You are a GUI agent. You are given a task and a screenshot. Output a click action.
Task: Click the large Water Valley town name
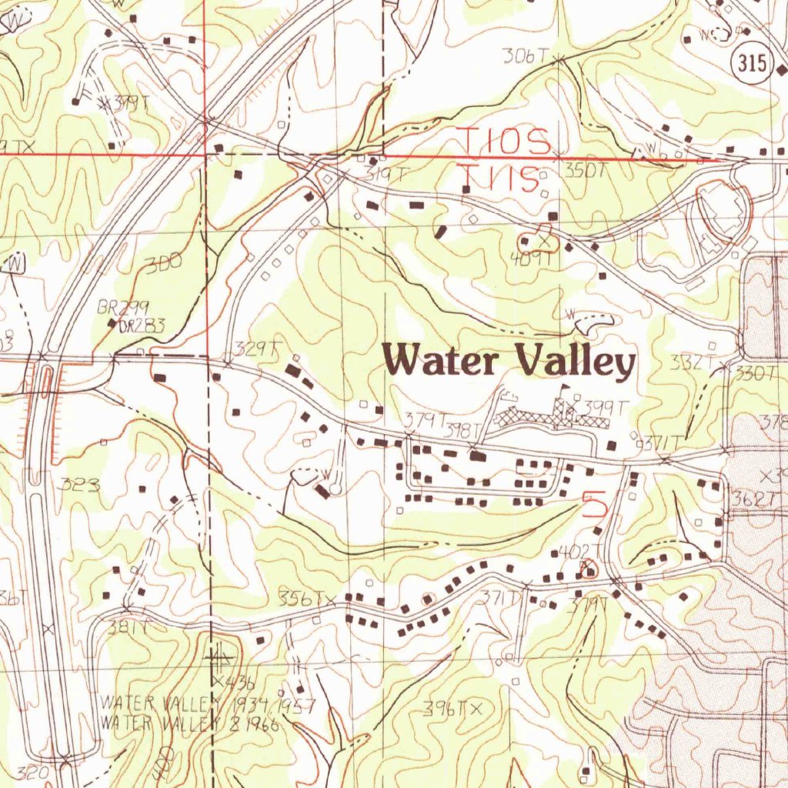[509, 361]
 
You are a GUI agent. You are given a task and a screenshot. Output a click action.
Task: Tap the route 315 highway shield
[751, 65]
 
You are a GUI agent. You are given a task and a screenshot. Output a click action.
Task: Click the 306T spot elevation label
[525, 55]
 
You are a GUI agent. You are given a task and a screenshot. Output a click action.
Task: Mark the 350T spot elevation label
[586, 172]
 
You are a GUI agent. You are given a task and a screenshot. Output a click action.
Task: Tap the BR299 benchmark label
[123, 307]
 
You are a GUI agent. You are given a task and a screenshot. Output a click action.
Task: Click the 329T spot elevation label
[256, 349]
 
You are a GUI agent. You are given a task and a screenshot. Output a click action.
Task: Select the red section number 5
[594, 504]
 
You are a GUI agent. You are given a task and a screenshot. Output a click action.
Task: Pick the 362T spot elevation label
[756, 499]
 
